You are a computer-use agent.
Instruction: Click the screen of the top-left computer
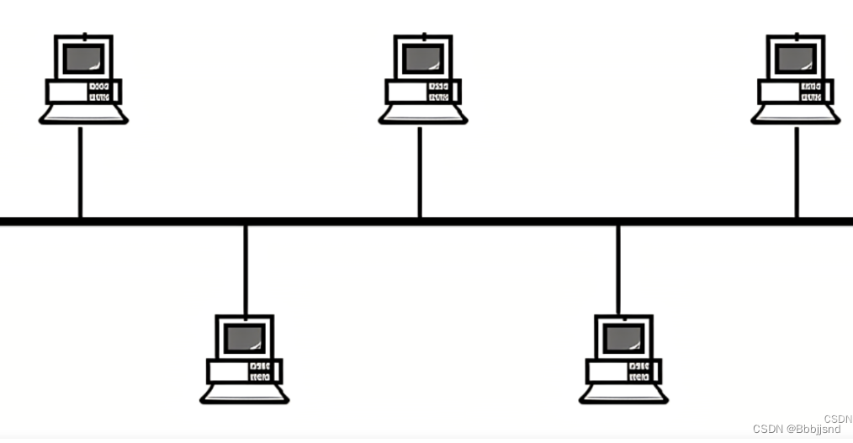(83, 58)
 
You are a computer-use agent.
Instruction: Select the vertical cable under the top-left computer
(80, 171)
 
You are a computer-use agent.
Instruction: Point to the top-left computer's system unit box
(83, 91)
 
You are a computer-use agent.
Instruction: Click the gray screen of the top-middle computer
(422, 58)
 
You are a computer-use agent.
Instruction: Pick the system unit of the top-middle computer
(422, 91)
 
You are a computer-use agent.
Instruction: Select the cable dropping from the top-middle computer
(420, 171)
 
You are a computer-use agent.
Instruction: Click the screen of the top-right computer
(795, 58)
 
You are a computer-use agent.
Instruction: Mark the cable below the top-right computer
(797, 171)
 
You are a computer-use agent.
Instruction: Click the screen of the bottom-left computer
(245, 338)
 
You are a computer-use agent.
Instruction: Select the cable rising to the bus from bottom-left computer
(245, 269)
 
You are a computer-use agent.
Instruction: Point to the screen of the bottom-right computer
(623, 338)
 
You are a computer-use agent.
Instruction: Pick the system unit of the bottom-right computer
(623, 371)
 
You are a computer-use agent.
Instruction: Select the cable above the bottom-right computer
(618, 269)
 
